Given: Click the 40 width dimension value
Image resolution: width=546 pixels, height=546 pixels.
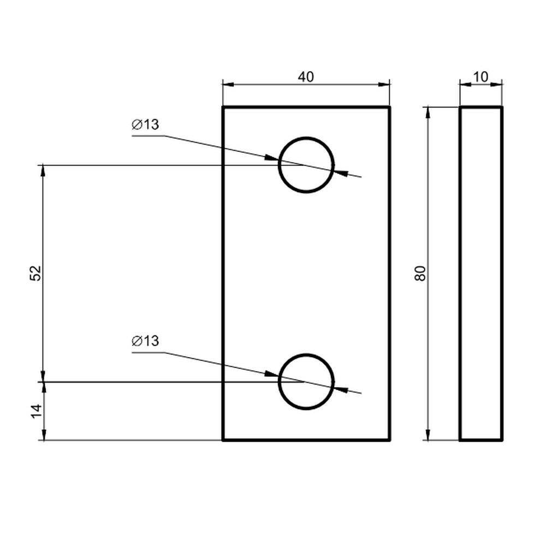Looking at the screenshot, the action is (306, 76).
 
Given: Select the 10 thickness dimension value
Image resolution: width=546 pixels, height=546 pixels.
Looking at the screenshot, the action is (481, 76).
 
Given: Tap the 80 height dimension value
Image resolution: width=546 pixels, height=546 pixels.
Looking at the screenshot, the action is (420, 273).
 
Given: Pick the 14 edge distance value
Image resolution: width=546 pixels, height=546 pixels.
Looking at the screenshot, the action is (36, 411).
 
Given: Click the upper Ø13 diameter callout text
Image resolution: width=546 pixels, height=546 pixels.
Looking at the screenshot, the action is (145, 124).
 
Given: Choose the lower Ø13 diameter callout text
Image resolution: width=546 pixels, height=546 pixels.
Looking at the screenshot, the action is (145, 341).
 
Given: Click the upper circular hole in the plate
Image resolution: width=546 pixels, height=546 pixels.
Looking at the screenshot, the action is (279, 165).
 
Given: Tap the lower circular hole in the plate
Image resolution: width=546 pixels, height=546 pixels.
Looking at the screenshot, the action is (279, 382).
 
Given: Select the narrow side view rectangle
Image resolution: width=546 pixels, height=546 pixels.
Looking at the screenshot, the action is (460, 273).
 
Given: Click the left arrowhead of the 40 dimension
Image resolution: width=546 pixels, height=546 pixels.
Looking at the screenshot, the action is (228, 85).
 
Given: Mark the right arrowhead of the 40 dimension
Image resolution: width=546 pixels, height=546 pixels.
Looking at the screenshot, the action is (384, 85).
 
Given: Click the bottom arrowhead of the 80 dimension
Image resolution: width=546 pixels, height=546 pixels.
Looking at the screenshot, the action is (428, 435).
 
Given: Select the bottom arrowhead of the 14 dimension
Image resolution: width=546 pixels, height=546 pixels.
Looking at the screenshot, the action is (44, 435).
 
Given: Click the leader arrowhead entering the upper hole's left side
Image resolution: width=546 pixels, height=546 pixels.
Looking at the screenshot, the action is (272, 158).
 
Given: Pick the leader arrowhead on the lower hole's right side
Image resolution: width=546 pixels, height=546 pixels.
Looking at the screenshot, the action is (341, 389).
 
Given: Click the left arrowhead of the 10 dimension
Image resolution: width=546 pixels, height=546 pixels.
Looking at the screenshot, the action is (466, 85).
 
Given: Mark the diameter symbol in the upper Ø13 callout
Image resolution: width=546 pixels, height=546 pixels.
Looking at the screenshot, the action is (136, 124).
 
